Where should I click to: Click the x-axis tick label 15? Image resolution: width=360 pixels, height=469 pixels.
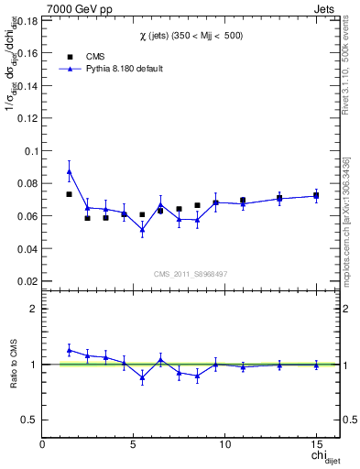[316, 444]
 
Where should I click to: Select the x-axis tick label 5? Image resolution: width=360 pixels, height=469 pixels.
[134, 444]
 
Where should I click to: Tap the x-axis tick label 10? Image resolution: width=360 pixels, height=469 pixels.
[224, 444]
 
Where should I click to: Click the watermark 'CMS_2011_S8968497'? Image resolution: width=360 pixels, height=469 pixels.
[191, 274]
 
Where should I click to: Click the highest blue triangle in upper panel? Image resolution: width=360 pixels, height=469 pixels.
[70, 171]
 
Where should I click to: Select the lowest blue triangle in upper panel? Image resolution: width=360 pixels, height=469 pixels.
[142, 229]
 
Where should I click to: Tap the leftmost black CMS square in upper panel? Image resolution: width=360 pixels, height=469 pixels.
[70, 194]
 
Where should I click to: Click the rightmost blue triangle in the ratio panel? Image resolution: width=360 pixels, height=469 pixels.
[316, 365]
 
